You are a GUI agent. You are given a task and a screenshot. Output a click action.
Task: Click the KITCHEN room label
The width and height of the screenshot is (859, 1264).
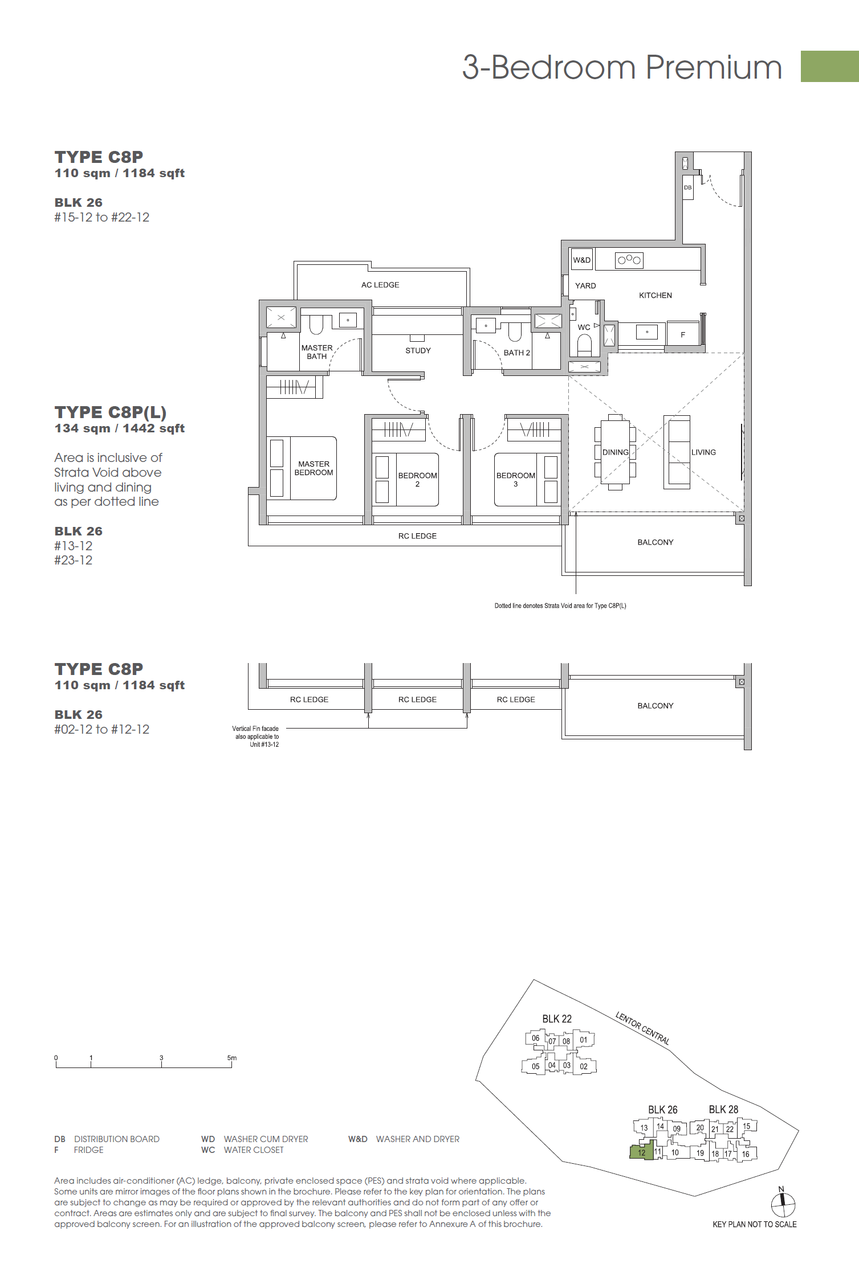click(x=655, y=295)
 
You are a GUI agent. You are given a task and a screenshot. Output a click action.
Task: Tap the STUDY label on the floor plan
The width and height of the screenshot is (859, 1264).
click(x=418, y=350)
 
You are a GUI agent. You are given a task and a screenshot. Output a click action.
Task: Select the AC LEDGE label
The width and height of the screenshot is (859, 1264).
click(x=380, y=285)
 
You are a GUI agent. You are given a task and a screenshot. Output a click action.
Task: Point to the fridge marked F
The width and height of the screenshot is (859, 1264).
click(x=683, y=334)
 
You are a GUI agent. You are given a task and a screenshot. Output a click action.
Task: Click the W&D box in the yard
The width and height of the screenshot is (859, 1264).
click(x=582, y=260)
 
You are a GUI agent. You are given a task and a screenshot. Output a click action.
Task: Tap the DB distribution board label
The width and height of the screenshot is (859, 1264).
click(x=687, y=187)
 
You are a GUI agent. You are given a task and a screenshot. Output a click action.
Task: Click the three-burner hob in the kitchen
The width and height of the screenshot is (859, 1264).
click(x=629, y=260)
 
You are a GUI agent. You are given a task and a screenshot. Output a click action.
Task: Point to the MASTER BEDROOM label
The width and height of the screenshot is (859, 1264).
click(x=314, y=468)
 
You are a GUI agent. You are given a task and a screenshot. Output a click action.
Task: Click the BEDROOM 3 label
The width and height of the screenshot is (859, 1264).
click(x=515, y=480)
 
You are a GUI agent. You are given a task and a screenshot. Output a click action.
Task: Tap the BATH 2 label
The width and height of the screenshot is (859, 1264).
click(x=516, y=353)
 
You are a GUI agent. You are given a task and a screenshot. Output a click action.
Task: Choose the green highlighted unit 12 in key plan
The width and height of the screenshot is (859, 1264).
click(x=642, y=1152)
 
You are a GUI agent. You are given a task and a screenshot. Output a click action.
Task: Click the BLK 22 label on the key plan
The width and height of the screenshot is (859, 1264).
click(x=556, y=1019)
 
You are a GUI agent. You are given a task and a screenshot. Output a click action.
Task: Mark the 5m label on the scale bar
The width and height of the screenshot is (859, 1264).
click(x=231, y=1058)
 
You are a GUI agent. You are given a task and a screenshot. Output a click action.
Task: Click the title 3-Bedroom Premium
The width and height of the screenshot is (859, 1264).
click(x=622, y=67)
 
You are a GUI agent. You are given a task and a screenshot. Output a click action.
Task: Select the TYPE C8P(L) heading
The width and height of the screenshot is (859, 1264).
click(x=111, y=412)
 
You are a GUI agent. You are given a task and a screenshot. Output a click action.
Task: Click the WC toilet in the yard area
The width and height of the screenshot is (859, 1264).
click(x=584, y=345)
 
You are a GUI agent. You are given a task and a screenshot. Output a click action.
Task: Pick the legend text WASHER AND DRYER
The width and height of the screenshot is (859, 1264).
click(x=418, y=1139)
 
